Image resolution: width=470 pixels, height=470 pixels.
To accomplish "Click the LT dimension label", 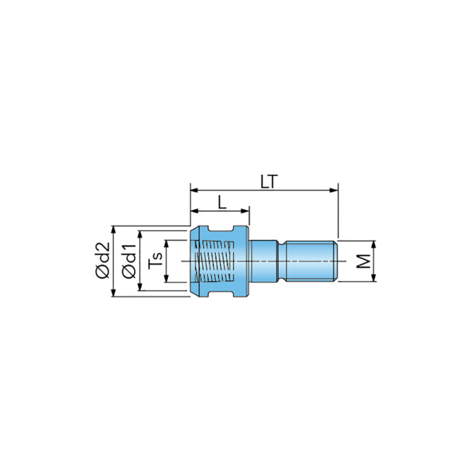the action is tap(269, 181).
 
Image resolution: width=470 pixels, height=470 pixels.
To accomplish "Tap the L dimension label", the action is tap(222, 202).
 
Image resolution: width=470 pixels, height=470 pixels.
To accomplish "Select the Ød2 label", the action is tap(102, 260).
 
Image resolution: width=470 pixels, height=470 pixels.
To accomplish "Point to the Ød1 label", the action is tap(129, 262).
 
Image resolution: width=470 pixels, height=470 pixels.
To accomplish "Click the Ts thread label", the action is tap(155, 260).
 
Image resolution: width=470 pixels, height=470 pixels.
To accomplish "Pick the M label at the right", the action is tap(363, 261).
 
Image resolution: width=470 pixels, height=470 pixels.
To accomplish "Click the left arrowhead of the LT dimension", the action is tap(194, 190).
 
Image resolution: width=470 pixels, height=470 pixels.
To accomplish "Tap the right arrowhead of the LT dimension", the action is tap(334, 190).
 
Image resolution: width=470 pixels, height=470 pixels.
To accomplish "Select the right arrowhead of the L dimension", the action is tap(245, 211).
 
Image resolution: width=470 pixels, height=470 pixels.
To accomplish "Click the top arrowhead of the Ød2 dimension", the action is tap(113, 230).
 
